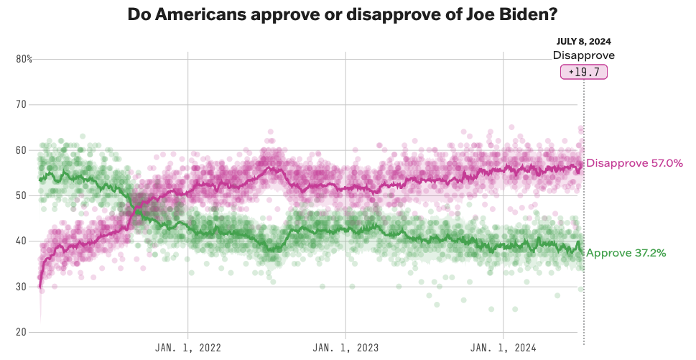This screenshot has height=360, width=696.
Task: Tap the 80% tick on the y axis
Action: click(24, 59)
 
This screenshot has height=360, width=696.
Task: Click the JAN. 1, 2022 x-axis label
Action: click(188, 348)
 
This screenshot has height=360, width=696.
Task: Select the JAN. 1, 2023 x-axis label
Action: click(345, 348)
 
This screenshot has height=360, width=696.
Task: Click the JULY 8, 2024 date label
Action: click(583, 42)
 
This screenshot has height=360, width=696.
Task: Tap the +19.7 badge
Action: click(584, 72)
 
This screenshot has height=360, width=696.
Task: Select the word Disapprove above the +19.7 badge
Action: click(583, 55)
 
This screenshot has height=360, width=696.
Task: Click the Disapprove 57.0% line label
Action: click(634, 163)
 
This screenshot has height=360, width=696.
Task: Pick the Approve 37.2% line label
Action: click(626, 253)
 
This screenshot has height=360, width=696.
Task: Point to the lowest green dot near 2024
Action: click(491, 309)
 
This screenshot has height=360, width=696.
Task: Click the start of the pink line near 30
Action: click(40, 287)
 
